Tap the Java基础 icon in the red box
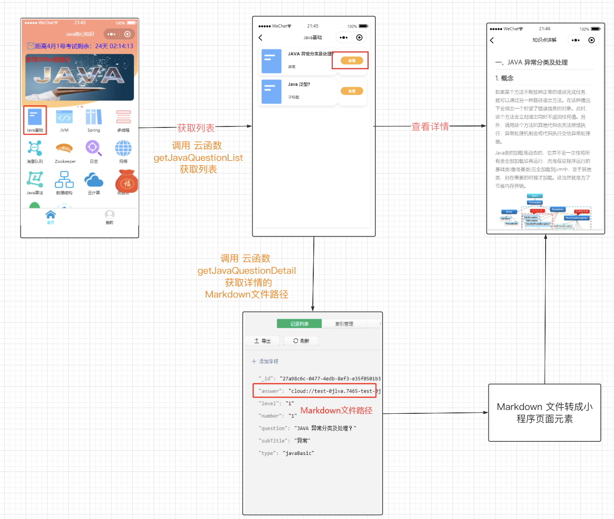(x=35, y=118)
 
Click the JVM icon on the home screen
(x=64, y=118)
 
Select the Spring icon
(x=94, y=118)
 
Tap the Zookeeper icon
(x=65, y=148)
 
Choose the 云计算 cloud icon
(x=94, y=180)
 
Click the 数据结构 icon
(x=64, y=180)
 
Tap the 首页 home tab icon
(x=50, y=215)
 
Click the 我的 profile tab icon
(x=110, y=215)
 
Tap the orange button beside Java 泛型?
(x=352, y=91)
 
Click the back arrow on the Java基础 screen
(x=260, y=37)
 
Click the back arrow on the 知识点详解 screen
(x=492, y=40)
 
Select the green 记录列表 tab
(x=299, y=324)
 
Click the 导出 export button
(x=262, y=341)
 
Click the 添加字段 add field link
(x=265, y=362)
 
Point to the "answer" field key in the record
(x=270, y=391)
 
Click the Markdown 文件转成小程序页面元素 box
(x=544, y=413)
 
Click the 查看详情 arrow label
(x=430, y=126)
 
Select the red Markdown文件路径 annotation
(x=336, y=410)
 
